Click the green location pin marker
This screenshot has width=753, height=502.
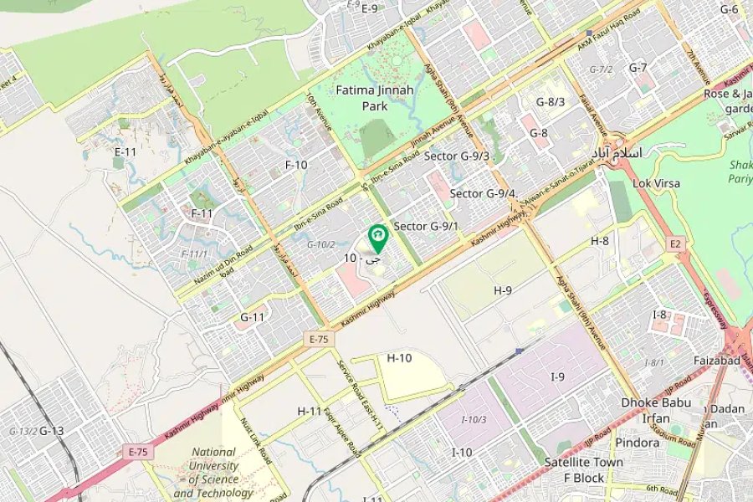(378, 238)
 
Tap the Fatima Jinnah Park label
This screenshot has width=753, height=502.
(363, 98)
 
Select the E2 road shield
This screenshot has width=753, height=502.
(675, 243)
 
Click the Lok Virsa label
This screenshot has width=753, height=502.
(657, 183)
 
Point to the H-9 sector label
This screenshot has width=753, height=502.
(502, 290)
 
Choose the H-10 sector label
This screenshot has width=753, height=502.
(399, 357)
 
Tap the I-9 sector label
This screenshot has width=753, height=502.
(557, 377)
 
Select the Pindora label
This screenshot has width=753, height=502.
(638, 442)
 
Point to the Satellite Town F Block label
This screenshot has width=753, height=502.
(585, 469)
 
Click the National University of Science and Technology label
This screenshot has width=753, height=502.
(213, 473)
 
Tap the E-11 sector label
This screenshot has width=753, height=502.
(125, 151)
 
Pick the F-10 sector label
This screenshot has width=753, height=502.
(296, 165)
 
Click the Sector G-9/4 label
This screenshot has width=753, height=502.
(484, 194)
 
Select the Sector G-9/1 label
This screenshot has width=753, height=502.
(426, 226)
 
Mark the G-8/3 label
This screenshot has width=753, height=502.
(551, 102)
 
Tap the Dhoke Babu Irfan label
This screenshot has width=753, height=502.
(656, 410)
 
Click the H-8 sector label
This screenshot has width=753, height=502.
(600, 241)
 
